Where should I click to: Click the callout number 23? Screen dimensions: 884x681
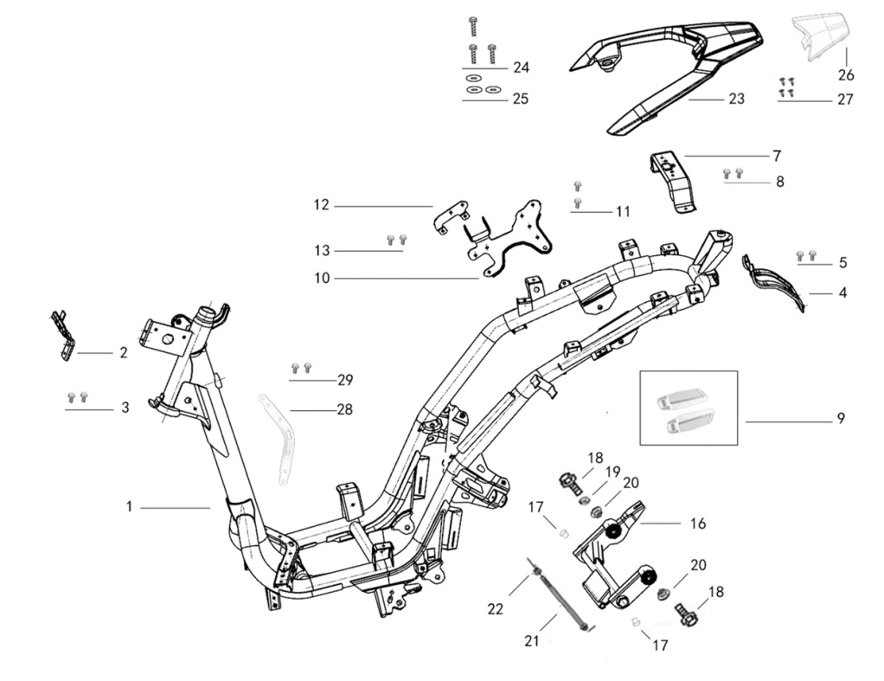tap(736, 99)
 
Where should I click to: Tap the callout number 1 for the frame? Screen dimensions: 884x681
tap(129, 507)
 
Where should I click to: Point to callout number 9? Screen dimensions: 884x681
tap(841, 419)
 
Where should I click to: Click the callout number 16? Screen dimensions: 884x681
tap(698, 524)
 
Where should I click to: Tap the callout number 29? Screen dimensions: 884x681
tap(345, 380)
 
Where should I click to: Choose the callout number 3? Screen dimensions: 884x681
tap(125, 408)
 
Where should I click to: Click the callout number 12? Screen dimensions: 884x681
tap(321, 204)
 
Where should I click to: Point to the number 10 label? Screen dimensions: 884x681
tap(322, 278)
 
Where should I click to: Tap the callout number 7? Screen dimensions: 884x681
tap(777, 155)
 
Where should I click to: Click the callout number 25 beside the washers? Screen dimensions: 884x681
tap(521, 99)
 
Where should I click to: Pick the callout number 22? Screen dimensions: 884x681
tap(495, 609)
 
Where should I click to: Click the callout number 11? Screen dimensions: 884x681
tap(623, 212)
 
